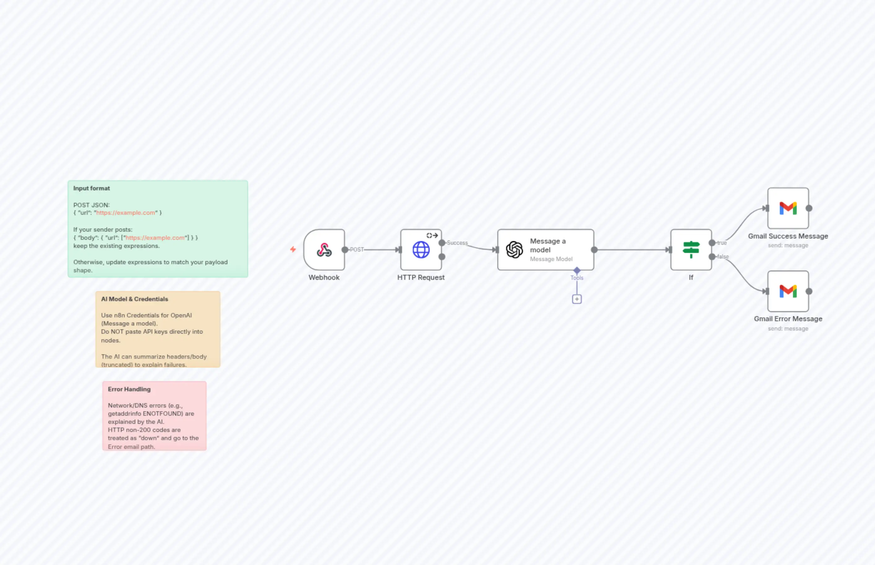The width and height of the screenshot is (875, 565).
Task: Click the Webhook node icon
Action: (324, 250)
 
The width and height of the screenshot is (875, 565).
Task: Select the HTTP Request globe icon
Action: (421, 250)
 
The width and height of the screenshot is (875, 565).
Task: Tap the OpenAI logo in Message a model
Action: (514, 250)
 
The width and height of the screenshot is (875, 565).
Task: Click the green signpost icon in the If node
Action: (691, 249)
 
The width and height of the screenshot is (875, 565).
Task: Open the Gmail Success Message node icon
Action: (788, 208)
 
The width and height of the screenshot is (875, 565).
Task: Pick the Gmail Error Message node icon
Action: (788, 291)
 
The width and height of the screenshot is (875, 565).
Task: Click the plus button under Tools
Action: (577, 299)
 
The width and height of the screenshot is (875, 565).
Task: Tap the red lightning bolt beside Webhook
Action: (293, 249)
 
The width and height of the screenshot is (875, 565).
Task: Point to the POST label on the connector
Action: (356, 249)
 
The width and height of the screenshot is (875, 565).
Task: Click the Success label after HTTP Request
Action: (457, 243)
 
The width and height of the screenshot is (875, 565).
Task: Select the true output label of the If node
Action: (722, 243)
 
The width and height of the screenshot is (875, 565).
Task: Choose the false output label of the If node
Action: (723, 256)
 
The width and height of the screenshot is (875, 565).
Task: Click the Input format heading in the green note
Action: (91, 188)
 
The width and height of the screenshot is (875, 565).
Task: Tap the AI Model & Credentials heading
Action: (134, 299)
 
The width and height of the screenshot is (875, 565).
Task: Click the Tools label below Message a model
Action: (577, 278)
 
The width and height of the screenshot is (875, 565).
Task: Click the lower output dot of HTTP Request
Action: (442, 257)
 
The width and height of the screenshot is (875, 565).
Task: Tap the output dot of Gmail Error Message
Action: (809, 291)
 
